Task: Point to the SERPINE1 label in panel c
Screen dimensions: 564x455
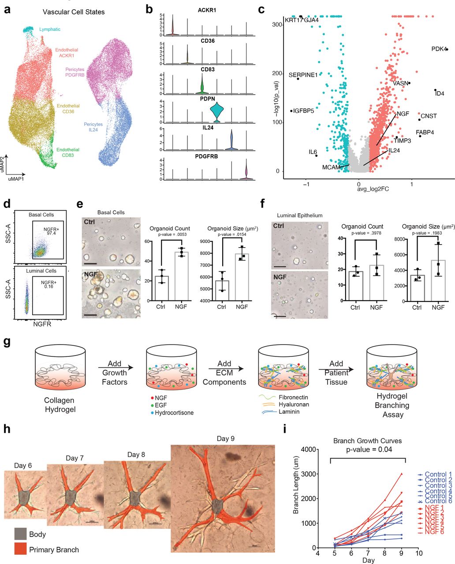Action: tap(303, 75)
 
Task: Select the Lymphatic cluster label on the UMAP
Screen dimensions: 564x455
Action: tap(49, 30)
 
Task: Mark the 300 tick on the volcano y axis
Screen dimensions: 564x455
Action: tap(276, 25)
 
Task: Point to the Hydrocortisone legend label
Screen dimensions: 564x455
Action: tap(172, 412)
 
